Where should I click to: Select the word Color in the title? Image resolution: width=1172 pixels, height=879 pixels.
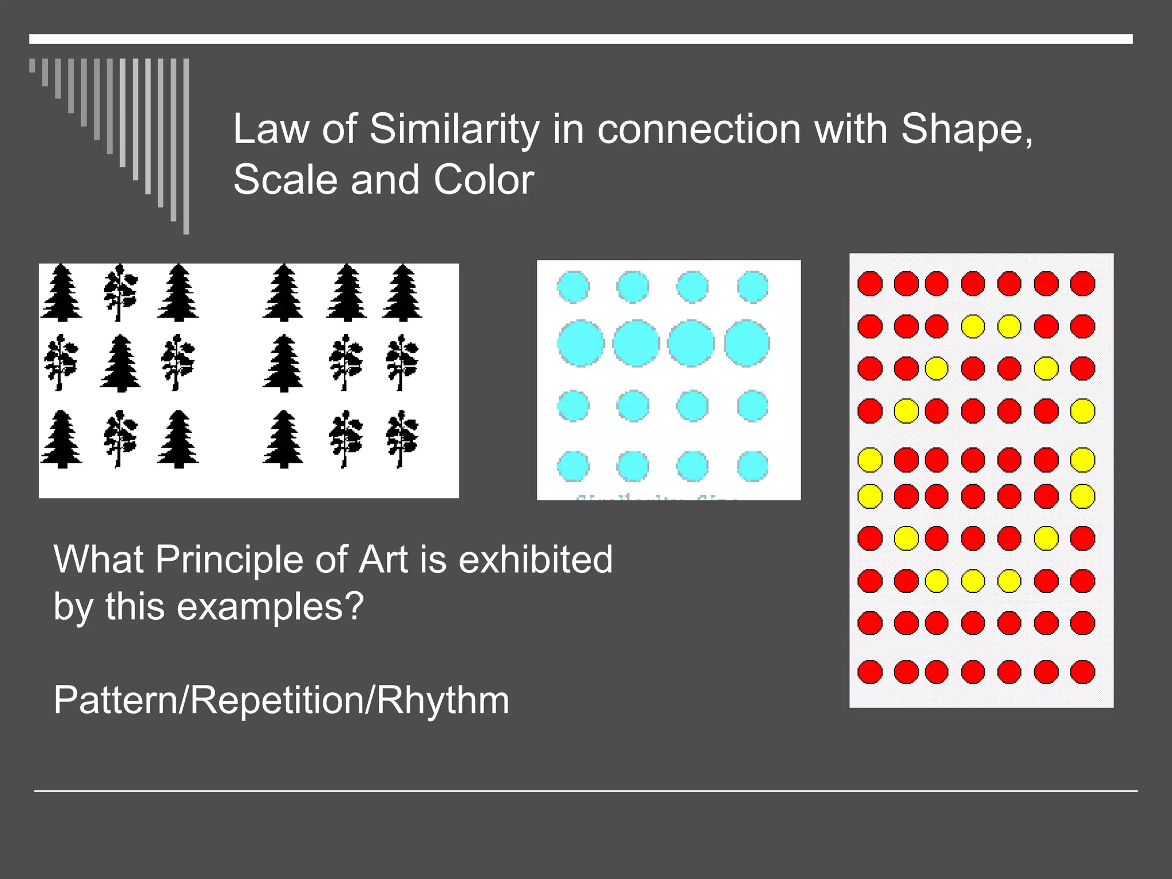pos(484,180)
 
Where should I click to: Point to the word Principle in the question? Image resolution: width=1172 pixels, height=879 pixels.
pos(228,559)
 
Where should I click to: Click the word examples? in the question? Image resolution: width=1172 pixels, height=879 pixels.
pos(270,606)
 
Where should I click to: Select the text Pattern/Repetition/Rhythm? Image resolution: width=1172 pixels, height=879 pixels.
pos(281,700)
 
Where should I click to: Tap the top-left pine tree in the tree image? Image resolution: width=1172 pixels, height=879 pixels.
pos(61,292)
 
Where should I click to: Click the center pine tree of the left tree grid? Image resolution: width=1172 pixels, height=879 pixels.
pos(120,363)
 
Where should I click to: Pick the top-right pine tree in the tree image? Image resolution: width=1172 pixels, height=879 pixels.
pos(402,292)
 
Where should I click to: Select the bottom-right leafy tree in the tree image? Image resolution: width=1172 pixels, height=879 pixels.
pos(402,439)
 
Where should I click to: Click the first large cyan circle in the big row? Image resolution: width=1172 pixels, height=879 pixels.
pos(580,343)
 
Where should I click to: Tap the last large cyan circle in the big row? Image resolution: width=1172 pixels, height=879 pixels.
pos(747,343)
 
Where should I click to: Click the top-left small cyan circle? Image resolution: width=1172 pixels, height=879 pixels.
pos(573,286)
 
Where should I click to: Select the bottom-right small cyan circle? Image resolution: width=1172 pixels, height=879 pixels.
pos(753,466)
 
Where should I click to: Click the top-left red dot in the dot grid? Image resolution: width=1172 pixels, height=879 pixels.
pos(870,283)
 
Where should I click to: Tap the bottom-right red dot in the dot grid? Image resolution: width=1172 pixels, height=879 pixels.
pos(1082,672)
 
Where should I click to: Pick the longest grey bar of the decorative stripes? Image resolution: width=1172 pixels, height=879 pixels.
pos(186,146)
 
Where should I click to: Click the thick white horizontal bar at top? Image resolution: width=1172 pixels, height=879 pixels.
pos(581,39)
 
